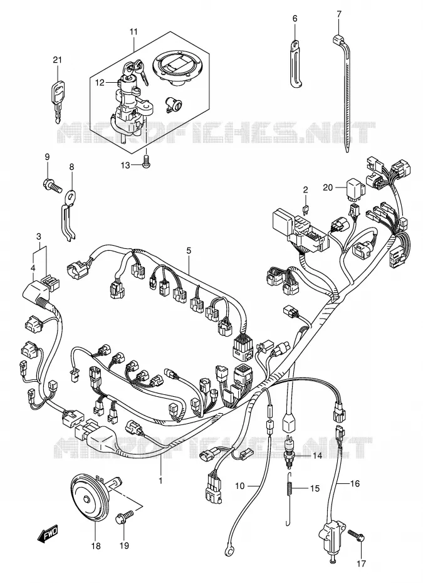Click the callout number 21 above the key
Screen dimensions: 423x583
click(57, 60)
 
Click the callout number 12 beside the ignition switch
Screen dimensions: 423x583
click(100, 83)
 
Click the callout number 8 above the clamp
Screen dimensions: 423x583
click(71, 167)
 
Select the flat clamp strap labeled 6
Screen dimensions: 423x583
click(296, 65)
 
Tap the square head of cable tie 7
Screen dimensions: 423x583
click(338, 39)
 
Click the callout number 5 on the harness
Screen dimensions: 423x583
click(189, 251)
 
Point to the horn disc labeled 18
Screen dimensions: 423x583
click(87, 500)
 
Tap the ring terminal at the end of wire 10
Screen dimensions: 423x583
click(226, 546)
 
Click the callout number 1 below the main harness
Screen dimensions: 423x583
click(160, 481)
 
